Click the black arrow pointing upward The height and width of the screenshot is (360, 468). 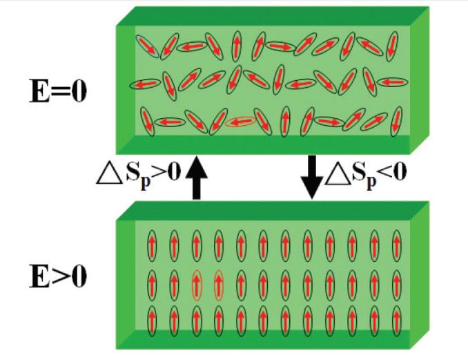tap(196, 178)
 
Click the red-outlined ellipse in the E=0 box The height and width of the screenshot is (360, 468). tap(240, 122)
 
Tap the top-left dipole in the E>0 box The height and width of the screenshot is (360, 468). tap(152, 244)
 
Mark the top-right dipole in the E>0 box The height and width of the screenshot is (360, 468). tap(397, 244)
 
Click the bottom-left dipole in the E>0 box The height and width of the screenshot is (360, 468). tap(152, 319)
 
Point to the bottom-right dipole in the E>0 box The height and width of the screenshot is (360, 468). tap(397, 319)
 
